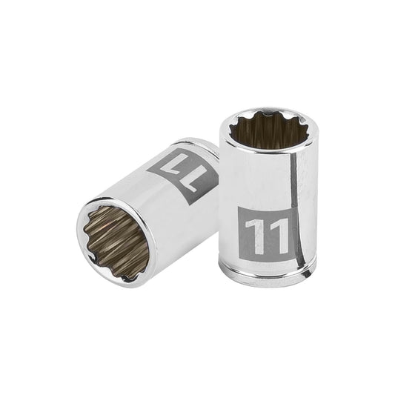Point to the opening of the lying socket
tap(115, 239)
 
